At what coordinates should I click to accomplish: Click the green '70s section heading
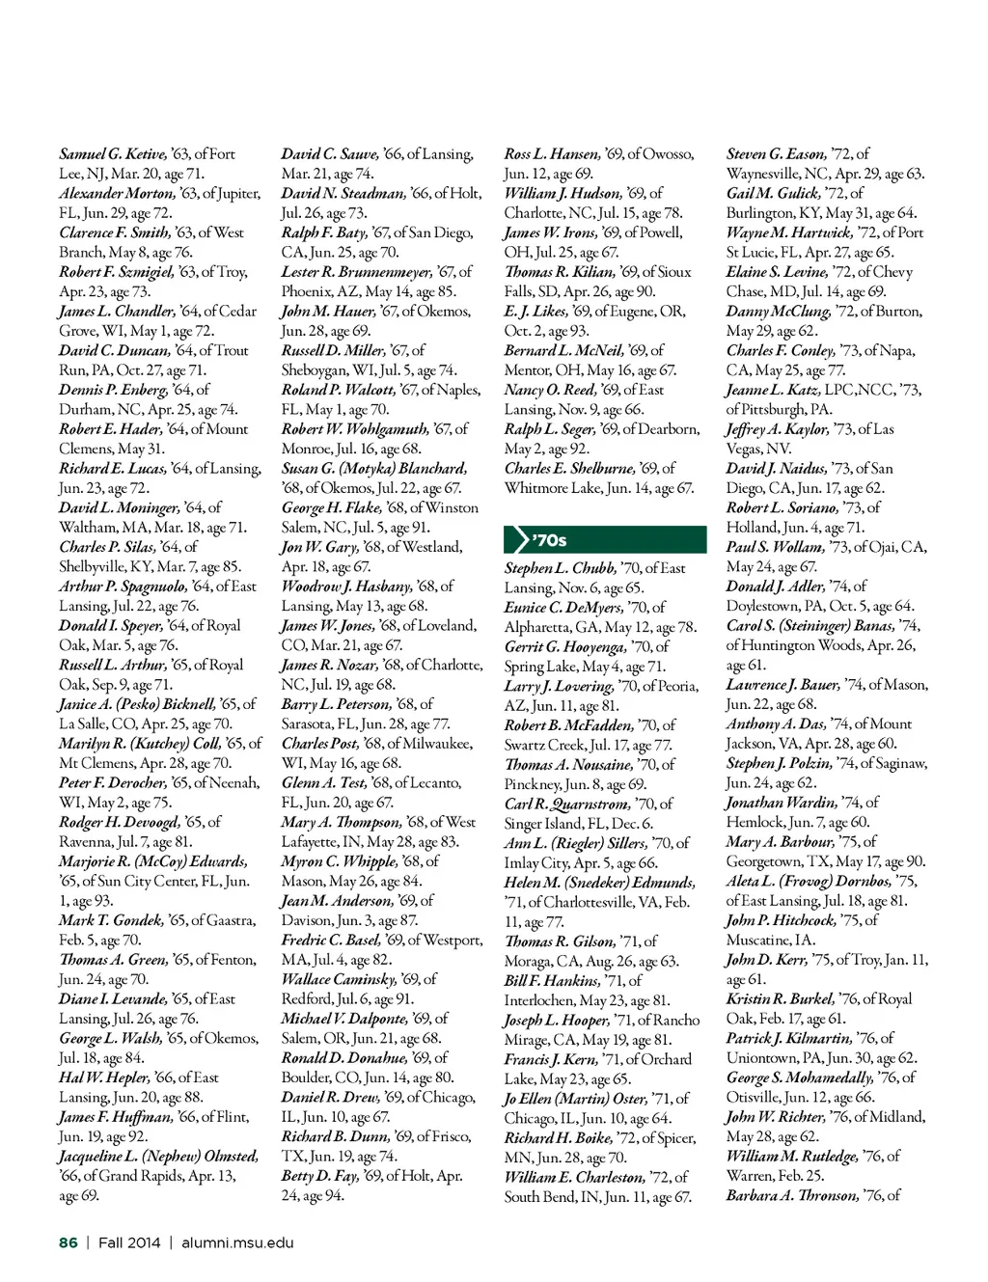tap(605, 540)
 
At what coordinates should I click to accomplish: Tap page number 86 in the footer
tap(69, 1242)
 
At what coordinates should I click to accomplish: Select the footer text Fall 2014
tap(129, 1242)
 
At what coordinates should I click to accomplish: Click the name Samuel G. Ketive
tap(112, 154)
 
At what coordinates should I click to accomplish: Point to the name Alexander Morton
tap(117, 193)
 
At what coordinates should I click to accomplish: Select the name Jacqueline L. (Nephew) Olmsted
tap(158, 1156)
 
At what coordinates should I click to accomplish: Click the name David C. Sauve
tap(329, 154)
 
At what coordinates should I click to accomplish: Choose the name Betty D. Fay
tap(319, 1176)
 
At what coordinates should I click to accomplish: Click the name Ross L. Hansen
tap(551, 154)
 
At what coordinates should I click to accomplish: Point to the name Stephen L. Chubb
tap(560, 568)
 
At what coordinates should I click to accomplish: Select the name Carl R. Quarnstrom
tap(566, 804)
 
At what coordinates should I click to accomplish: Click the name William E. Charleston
tap(574, 1177)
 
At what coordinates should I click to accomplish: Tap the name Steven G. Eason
tap(776, 154)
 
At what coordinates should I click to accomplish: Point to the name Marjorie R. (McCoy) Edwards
tap(152, 861)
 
